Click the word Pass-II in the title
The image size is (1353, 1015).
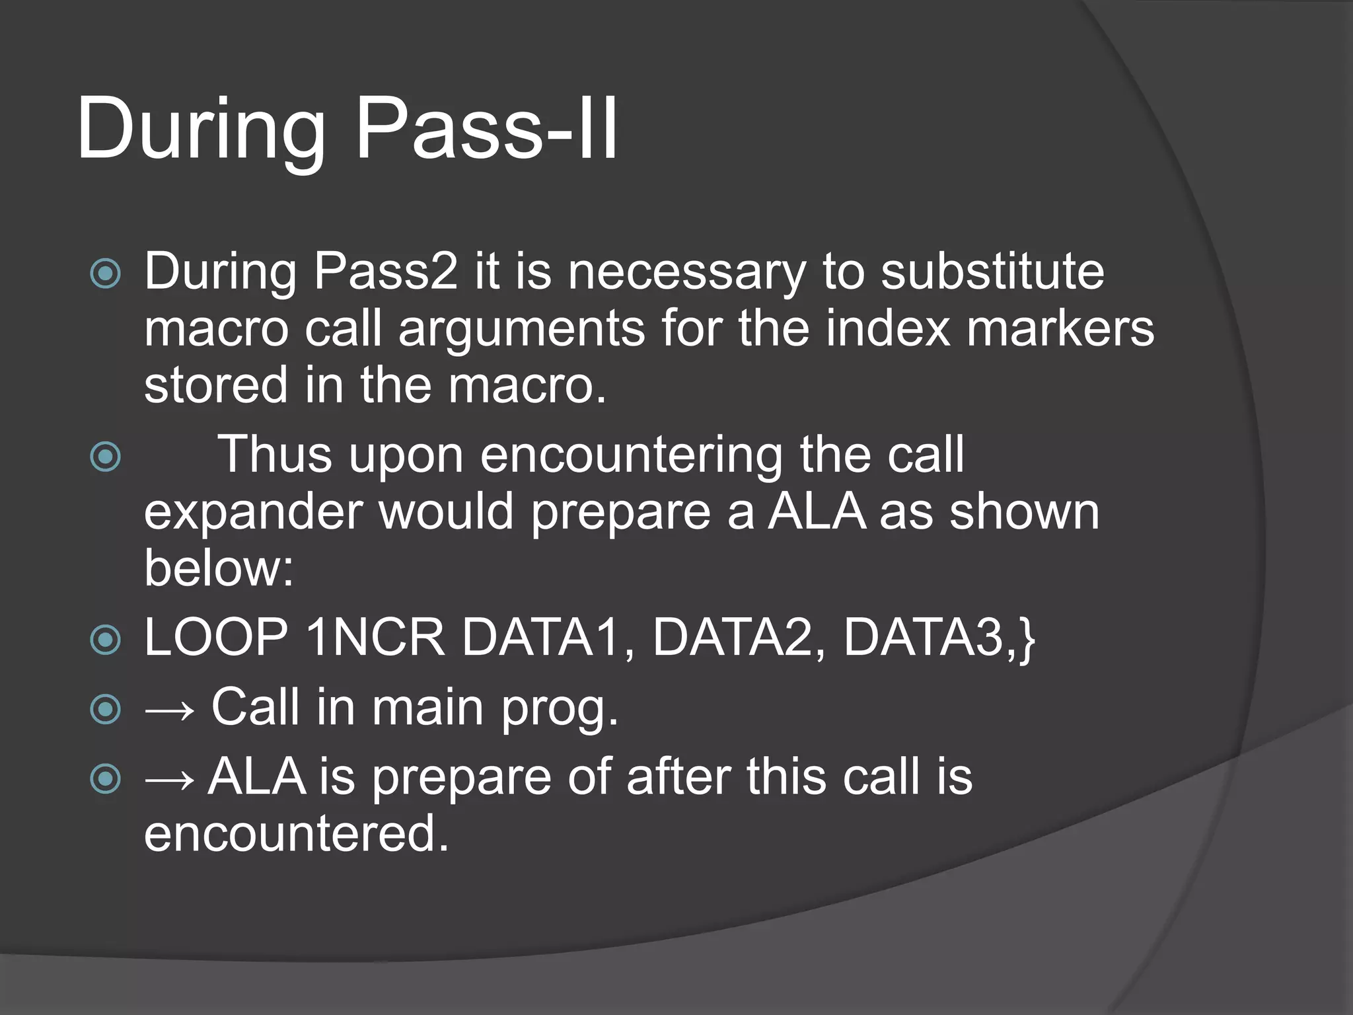tap(487, 129)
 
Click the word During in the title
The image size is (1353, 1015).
tap(201, 129)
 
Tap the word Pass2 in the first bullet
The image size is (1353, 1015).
tap(385, 272)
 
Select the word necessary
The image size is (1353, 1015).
tap(687, 272)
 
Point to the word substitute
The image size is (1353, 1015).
tap(992, 272)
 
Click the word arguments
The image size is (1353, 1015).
tap(521, 328)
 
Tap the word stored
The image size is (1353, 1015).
tap(216, 385)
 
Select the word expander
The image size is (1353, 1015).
tap(253, 512)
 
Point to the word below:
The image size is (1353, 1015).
tap(219, 568)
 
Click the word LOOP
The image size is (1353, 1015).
tap(216, 638)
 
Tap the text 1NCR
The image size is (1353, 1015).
tap(375, 638)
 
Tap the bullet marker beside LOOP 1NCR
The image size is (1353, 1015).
tap(106, 640)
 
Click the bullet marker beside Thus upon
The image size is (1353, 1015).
tap(106, 457)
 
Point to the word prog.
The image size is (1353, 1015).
tap(560, 708)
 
